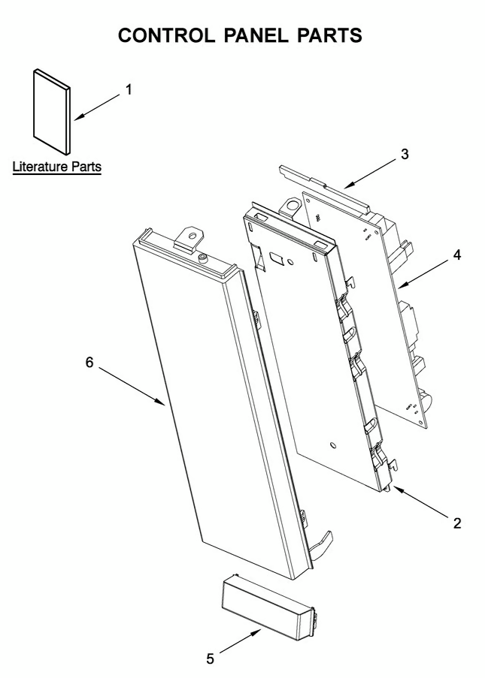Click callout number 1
129,89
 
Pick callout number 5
211,659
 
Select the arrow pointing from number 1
97,105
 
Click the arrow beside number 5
241,641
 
